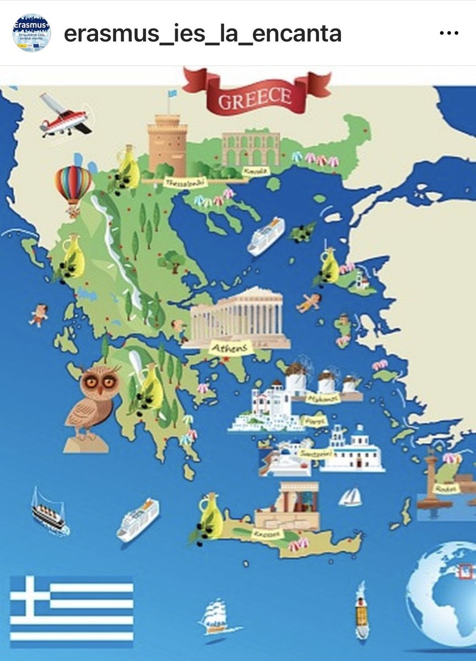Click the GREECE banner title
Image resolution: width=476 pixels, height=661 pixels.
255,98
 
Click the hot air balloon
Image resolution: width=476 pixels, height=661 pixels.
73,186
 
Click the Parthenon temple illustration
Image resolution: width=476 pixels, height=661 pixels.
238,316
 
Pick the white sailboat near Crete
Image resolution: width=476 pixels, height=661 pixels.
350,497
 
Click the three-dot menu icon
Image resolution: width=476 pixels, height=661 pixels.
449,33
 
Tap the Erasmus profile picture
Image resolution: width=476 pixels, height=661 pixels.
31,33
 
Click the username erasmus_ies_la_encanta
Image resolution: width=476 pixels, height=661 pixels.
202,34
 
